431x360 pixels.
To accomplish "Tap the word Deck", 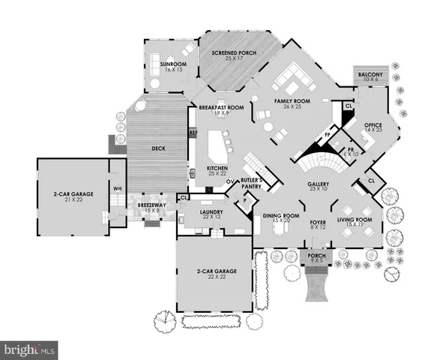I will click(x=158, y=148).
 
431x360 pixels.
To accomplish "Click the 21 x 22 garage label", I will click(x=73, y=197).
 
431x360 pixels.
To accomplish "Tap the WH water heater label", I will click(x=116, y=188).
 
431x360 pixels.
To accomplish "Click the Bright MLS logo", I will click(x=29, y=349).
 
